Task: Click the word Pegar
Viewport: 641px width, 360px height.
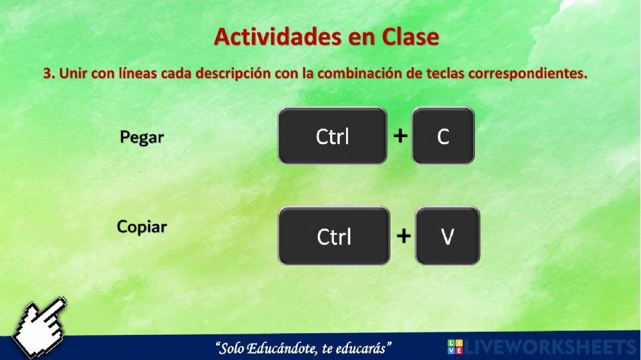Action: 142,137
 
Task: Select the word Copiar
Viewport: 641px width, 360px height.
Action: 142,227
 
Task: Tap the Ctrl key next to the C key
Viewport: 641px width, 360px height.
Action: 333,136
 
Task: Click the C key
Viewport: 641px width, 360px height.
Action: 443,136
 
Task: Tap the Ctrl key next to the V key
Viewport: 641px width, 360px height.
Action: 334,236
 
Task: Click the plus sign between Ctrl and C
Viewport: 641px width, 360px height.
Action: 400,136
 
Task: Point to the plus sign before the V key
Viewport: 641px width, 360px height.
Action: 403,236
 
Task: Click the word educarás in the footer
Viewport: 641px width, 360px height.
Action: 365,348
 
